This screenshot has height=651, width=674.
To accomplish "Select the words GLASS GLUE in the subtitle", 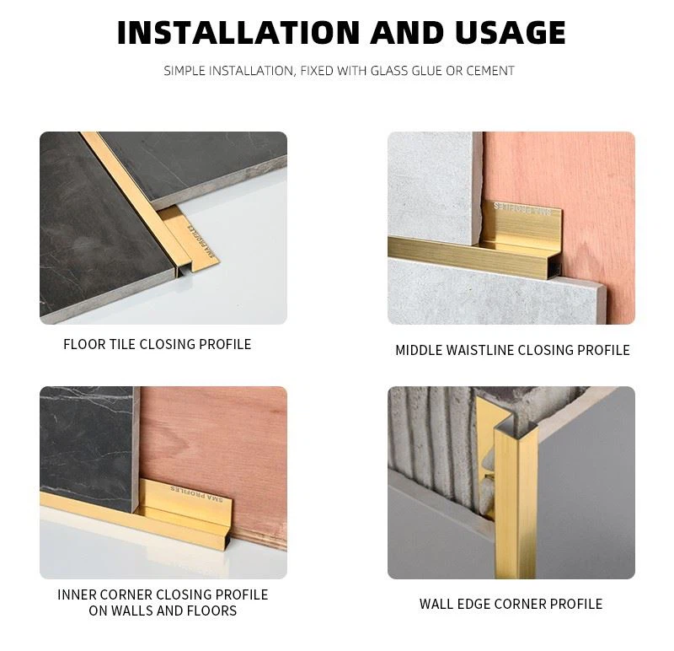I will point(407,71).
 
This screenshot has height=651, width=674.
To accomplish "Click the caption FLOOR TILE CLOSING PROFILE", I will point(158,344).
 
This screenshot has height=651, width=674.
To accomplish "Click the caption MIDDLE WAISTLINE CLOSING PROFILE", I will point(512,350).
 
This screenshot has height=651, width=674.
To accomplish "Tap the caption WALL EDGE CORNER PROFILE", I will point(511,604).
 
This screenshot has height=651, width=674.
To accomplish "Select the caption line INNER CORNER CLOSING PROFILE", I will point(163,595).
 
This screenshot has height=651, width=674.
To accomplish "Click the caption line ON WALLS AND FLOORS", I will point(163,611).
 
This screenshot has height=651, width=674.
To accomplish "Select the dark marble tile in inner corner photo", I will point(84,438).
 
